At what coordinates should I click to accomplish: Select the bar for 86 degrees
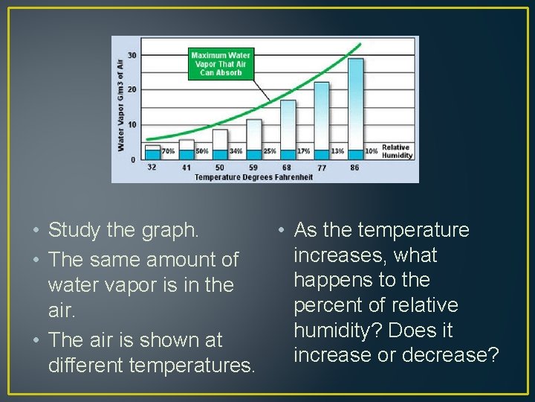point(355,104)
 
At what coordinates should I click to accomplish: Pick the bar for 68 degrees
point(288,127)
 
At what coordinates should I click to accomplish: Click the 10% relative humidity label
point(371,151)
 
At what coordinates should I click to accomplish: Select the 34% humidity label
point(236,151)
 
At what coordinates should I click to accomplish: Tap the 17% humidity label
point(303,151)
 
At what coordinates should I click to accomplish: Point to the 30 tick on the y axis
point(132,55)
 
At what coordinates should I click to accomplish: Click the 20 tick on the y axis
point(132,89)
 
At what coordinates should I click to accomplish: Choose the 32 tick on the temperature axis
point(152,167)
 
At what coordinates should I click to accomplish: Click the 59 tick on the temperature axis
point(253,167)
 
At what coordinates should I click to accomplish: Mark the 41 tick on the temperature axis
point(186,167)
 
